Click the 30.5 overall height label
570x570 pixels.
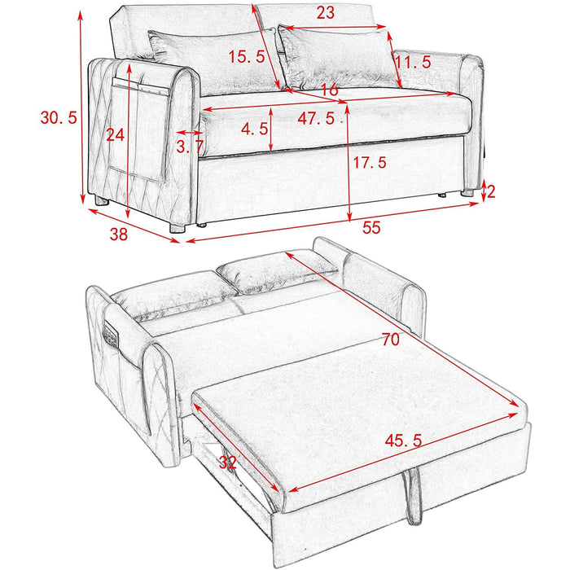click(59, 118)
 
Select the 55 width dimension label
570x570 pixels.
click(370, 229)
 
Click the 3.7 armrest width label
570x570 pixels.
click(190, 146)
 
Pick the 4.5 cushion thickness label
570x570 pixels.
click(254, 128)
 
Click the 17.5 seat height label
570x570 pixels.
click(370, 163)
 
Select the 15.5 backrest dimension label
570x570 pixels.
click(247, 57)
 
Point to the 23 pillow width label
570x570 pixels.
click(325, 13)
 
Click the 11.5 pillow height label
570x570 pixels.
click(413, 62)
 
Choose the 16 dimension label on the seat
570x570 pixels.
click(329, 90)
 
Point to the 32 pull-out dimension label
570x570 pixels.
click(227, 462)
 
